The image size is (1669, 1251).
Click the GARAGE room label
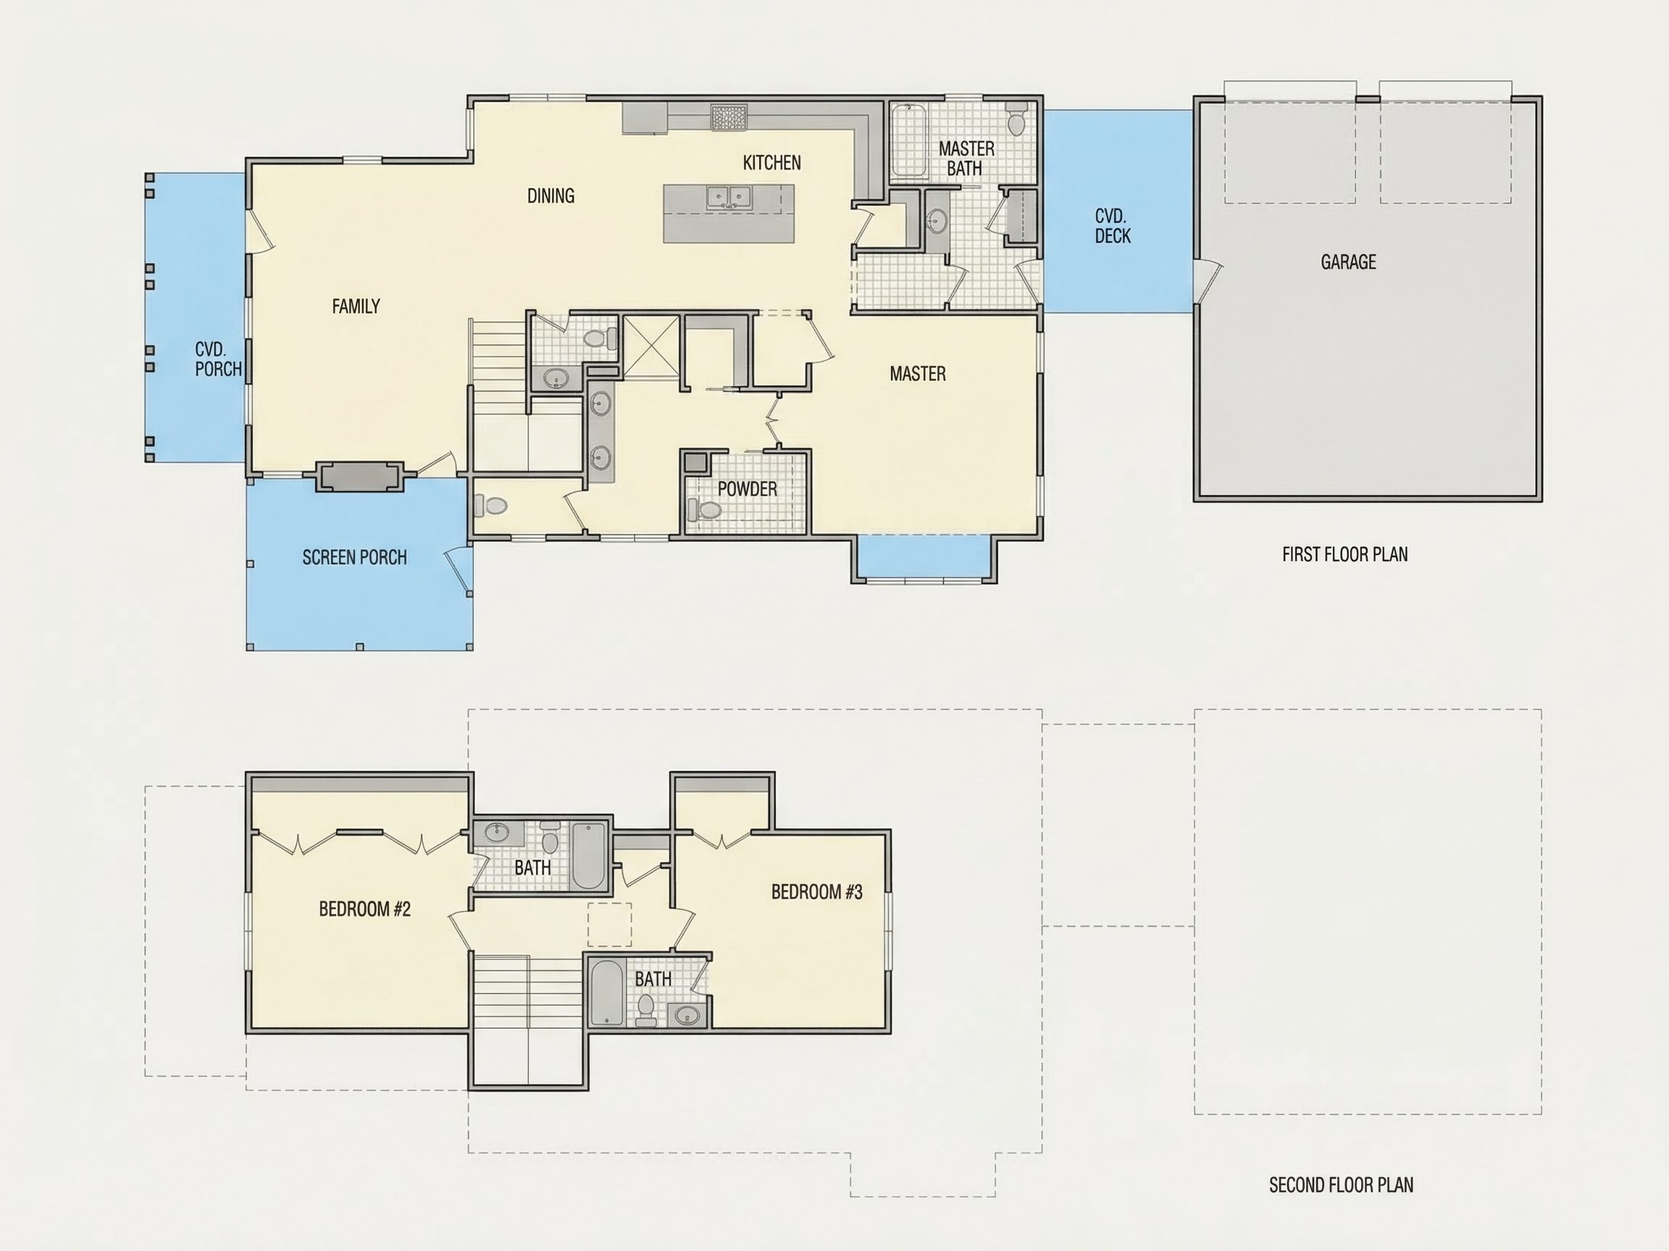point(1348,262)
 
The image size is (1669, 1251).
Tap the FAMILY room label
point(356,306)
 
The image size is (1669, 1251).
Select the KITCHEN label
point(772,163)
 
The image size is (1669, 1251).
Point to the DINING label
point(551,196)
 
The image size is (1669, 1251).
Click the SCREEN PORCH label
point(355,557)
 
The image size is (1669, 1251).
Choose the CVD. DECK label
point(1113,226)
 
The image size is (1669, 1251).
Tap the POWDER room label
point(747,489)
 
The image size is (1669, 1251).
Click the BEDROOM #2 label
point(364,909)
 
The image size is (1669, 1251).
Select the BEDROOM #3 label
point(816,892)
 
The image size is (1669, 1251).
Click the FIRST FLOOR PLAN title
point(1344,555)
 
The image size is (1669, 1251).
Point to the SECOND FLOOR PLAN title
point(1341,1184)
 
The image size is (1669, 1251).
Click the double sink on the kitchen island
point(729,198)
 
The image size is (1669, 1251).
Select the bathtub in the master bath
point(908,141)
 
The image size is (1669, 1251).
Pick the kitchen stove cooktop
point(728,117)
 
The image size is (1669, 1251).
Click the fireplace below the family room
point(359,476)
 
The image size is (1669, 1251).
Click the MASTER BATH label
point(966,159)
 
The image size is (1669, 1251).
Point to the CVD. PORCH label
point(218,359)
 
